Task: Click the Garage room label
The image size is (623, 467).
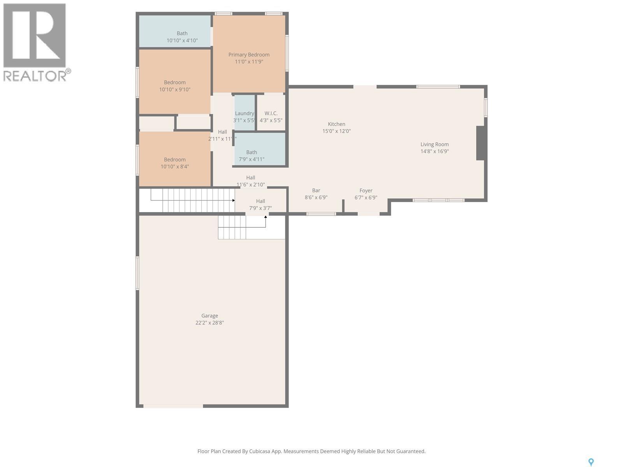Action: pos(209,316)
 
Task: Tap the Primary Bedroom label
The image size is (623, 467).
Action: pos(249,55)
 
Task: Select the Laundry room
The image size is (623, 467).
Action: pos(244,114)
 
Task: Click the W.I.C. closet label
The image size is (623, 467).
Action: pos(271,114)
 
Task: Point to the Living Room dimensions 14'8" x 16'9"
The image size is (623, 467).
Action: pos(435,151)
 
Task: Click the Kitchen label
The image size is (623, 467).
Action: pos(336,124)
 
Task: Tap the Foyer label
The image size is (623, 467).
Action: pos(366,191)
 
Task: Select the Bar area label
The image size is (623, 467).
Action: pos(316,191)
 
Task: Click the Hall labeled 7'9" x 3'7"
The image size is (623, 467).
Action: pos(260,201)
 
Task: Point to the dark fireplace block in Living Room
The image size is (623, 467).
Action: pos(480,143)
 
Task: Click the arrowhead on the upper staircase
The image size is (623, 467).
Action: pos(233,200)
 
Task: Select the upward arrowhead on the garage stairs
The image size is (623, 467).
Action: pos(266,217)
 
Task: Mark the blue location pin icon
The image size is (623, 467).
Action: pos(591,462)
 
